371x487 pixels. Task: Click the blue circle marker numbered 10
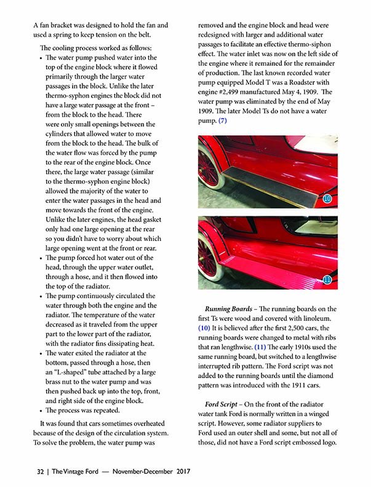[x=327, y=199]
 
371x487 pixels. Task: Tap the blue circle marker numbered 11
[x=327, y=280]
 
